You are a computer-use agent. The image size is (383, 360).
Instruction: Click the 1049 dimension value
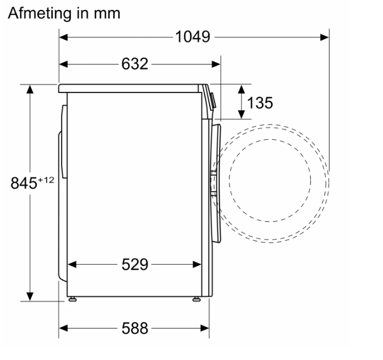point(193,37)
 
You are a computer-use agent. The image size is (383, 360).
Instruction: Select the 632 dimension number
point(135,64)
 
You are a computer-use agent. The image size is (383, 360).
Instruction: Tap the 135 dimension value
point(260,102)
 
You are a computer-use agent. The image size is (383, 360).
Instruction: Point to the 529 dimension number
point(135,264)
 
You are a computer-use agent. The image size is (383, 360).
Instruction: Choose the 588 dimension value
point(135,328)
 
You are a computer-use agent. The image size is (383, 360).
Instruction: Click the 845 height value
point(24,183)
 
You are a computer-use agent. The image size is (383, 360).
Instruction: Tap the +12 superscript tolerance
point(46,180)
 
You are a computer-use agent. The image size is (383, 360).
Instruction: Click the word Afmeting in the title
point(40,13)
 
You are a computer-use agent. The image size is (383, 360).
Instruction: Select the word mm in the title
point(107,14)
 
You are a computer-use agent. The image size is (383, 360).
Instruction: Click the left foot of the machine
point(72,299)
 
